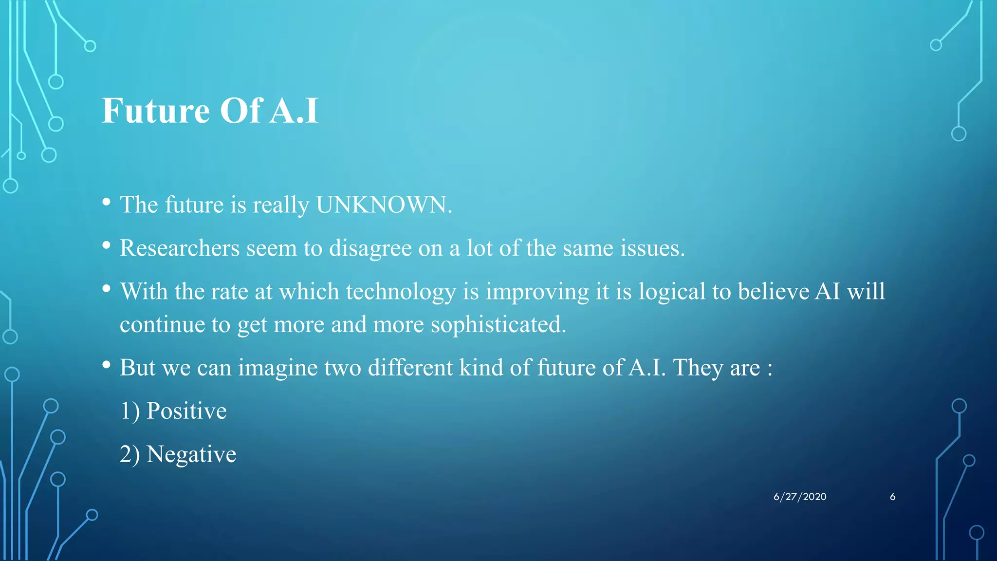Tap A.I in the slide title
294,111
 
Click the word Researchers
180,248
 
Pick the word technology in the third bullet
401,292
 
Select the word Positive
186,411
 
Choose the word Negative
191,454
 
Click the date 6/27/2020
800,497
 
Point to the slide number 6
892,497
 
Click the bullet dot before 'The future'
107,202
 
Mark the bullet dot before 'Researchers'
107,245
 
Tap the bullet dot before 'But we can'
107,365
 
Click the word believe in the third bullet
773,292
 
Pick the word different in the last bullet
410,368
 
